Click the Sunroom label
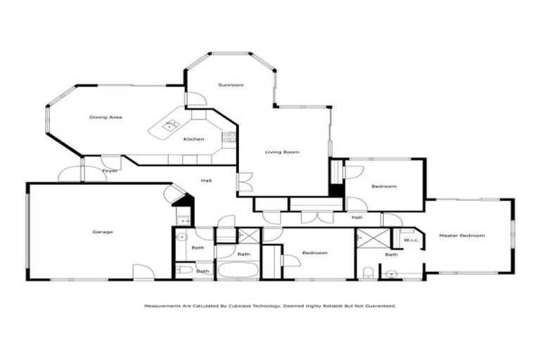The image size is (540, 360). [x=231, y=85]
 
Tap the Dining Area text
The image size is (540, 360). [x=105, y=117]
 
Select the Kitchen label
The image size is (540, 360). [x=194, y=139]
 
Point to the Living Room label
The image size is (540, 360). [x=282, y=152]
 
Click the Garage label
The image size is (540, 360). [x=103, y=231]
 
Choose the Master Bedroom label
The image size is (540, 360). [x=462, y=236]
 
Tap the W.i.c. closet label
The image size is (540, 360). [x=411, y=240]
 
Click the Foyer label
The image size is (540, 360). [x=110, y=171]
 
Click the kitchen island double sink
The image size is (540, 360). [x=170, y=127]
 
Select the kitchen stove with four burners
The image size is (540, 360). [x=229, y=137]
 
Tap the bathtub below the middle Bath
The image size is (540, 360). [x=238, y=270]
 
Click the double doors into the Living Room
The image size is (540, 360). [x=243, y=181]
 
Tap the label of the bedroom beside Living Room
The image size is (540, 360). [x=384, y=186]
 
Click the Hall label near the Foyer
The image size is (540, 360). [x=206, y=181]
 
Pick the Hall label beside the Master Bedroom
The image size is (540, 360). [x=357, y=218]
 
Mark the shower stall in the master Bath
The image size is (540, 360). [x=368, y=238]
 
